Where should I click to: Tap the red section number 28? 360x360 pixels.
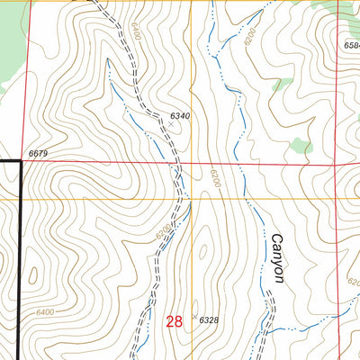point(174,320)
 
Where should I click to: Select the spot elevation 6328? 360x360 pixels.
point(209,320)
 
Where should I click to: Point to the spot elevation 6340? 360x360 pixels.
point(180,116)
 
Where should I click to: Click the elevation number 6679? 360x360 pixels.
point(37,155)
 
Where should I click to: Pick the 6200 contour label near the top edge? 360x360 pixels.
point(249,37)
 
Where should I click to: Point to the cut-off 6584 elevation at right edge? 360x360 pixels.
point(351,44)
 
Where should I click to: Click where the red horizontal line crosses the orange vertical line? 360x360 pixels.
point(191,164)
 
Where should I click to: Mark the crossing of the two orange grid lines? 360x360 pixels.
point(191,199)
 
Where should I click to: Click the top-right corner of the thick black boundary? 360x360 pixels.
point(20,161)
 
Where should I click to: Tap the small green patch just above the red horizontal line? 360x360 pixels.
point(301,145)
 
